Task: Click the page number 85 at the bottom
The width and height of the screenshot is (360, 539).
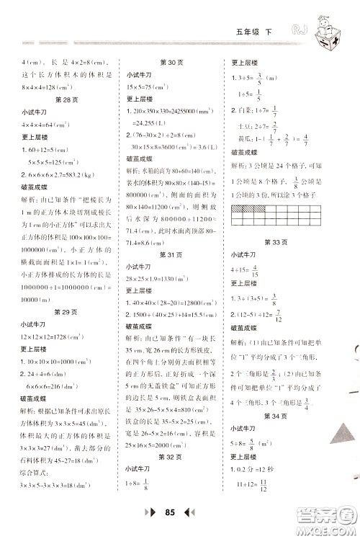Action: tap(170, 514)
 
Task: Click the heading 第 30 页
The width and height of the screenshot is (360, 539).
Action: tap(168, 62)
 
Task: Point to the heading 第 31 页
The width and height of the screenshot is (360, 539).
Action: tap(169, 255)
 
